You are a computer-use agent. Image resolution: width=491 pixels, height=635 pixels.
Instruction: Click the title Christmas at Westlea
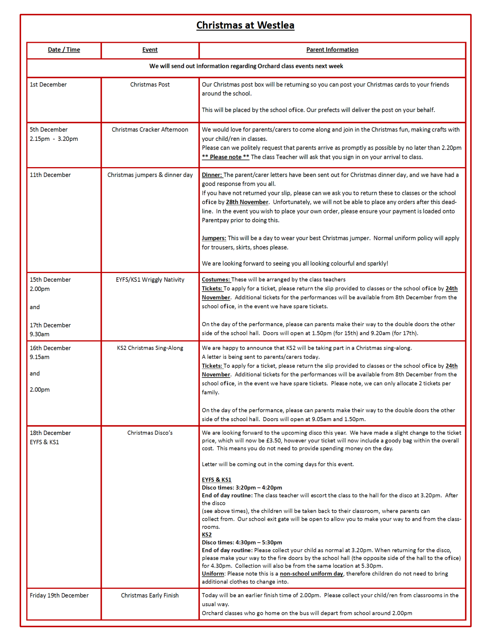tap(245, 25)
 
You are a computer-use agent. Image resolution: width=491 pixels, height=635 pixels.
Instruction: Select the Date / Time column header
tap(64, 50)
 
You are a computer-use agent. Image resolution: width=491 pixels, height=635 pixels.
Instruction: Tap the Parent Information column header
tap(332, 50)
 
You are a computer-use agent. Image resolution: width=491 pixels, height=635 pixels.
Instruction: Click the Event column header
tap(150, 50)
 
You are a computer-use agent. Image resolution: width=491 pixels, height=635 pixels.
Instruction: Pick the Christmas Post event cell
tap(150, 85)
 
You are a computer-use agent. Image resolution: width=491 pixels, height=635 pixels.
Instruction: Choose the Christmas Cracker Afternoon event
tap(150, 129)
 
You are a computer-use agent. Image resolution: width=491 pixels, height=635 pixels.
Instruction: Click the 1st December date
tap(48, 85)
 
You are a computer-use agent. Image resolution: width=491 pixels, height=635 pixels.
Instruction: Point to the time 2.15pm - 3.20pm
tap(54, 139)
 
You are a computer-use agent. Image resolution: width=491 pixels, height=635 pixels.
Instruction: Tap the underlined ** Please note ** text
tap(225, 157)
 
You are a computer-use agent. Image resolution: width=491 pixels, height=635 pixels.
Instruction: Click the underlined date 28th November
tap(247, 202)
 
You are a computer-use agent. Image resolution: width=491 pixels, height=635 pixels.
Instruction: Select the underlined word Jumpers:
tap(214, 238)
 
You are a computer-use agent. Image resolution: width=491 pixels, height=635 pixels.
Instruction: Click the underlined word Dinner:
tap(212, 175)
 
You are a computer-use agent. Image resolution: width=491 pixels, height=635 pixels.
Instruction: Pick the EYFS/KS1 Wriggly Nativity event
tap(150, 279)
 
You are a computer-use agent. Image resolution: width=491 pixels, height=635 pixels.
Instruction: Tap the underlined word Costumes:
tap(216, 279)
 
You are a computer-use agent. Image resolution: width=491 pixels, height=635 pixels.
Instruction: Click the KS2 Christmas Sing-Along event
tap(150, 348)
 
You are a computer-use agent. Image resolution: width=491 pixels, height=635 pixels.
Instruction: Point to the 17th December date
tap(50, 325)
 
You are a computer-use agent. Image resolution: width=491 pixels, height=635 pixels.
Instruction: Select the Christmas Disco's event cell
tap(150, 433)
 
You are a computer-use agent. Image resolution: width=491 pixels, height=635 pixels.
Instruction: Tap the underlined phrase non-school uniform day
tap(311, 573)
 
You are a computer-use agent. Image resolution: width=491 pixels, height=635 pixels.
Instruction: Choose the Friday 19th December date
tap(59, 595)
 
